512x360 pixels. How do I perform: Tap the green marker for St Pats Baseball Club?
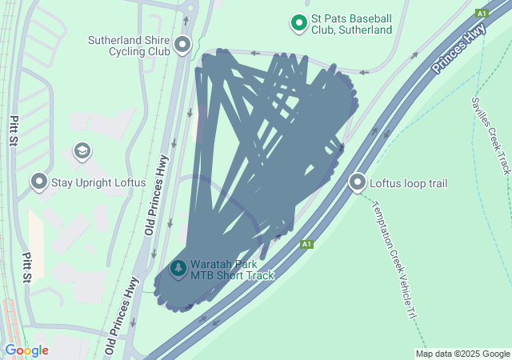299,22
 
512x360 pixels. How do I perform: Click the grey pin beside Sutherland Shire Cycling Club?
183,44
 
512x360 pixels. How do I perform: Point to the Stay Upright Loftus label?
98,182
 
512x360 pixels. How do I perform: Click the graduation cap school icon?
81,150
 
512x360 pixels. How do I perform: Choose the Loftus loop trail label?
408,183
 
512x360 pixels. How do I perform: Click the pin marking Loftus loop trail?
358,182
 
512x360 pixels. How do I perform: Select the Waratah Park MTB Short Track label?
232,270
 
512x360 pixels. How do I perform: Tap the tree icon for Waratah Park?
177,270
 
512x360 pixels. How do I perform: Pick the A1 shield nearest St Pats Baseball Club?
482,14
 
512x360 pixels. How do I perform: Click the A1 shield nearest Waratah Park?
306,244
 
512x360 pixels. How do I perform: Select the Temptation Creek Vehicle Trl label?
394,260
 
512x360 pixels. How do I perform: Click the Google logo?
26,350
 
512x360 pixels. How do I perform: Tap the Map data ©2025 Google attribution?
462,354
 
